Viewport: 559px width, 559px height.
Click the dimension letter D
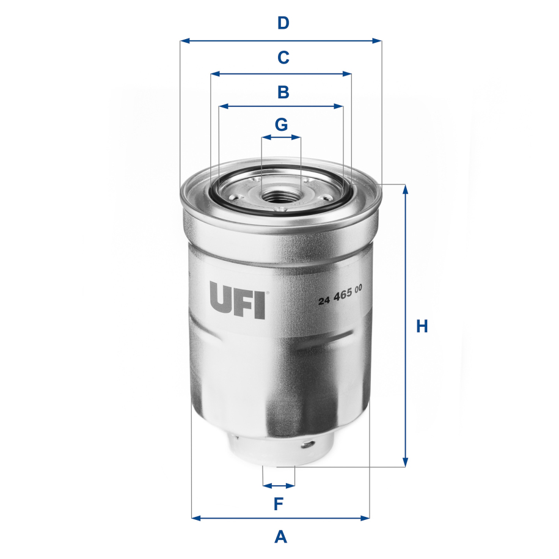pyautogui.click(x=283, y=23)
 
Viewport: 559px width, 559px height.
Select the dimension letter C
pyautogui.click(x=283, y=57)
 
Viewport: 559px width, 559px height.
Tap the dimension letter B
pyautogui.click(x=283, y=92)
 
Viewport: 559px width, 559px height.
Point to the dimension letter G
pyautogui.click(x=281, y=125)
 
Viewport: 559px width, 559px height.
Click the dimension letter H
pyautogui.click(x=422, y=326)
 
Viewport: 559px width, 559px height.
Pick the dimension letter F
pyautogui.click(x=279, y=504)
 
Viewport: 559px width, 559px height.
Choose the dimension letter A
pyautogui.click(x=280, y=537)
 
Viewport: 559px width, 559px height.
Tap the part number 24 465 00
pyautogui.click(x=341, y=299)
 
